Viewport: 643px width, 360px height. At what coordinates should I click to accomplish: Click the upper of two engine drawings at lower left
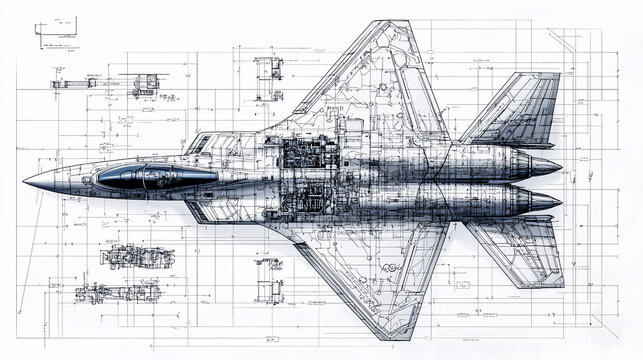(137, 256)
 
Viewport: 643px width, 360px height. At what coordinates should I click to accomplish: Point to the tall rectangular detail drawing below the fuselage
(268, 279)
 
